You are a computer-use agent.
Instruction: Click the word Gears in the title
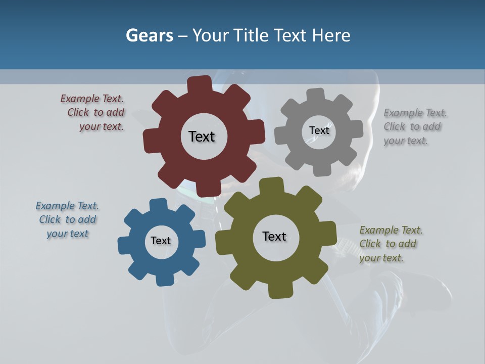pos(149,35)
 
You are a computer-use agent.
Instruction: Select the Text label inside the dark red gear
pos(202,136)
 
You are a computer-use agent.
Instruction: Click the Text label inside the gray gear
pos(319,130)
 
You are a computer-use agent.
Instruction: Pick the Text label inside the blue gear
pos(161,241)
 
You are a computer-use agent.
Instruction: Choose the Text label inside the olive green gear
pos(274,236)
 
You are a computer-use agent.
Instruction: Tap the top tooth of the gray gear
pos(316,95)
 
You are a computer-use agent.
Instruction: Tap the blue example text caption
pos(67,219)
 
